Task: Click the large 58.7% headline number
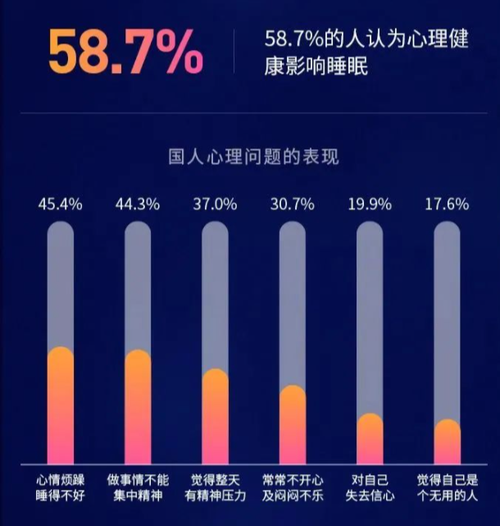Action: coord(125,52)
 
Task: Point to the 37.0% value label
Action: coord(215,204)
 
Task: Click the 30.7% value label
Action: coord(292,204)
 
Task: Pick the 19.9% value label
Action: coord(370,204)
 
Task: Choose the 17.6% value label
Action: coord(447,204)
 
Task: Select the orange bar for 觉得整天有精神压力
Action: coord(215,417)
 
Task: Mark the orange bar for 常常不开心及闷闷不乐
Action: coord(292,425)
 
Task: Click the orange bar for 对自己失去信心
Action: coord(370,439)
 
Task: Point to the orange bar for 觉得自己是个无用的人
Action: coord(447,442)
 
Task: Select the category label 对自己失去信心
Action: coord(370,487)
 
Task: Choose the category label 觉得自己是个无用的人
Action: coord(447,487)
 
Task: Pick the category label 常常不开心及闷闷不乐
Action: coord(292,487)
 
